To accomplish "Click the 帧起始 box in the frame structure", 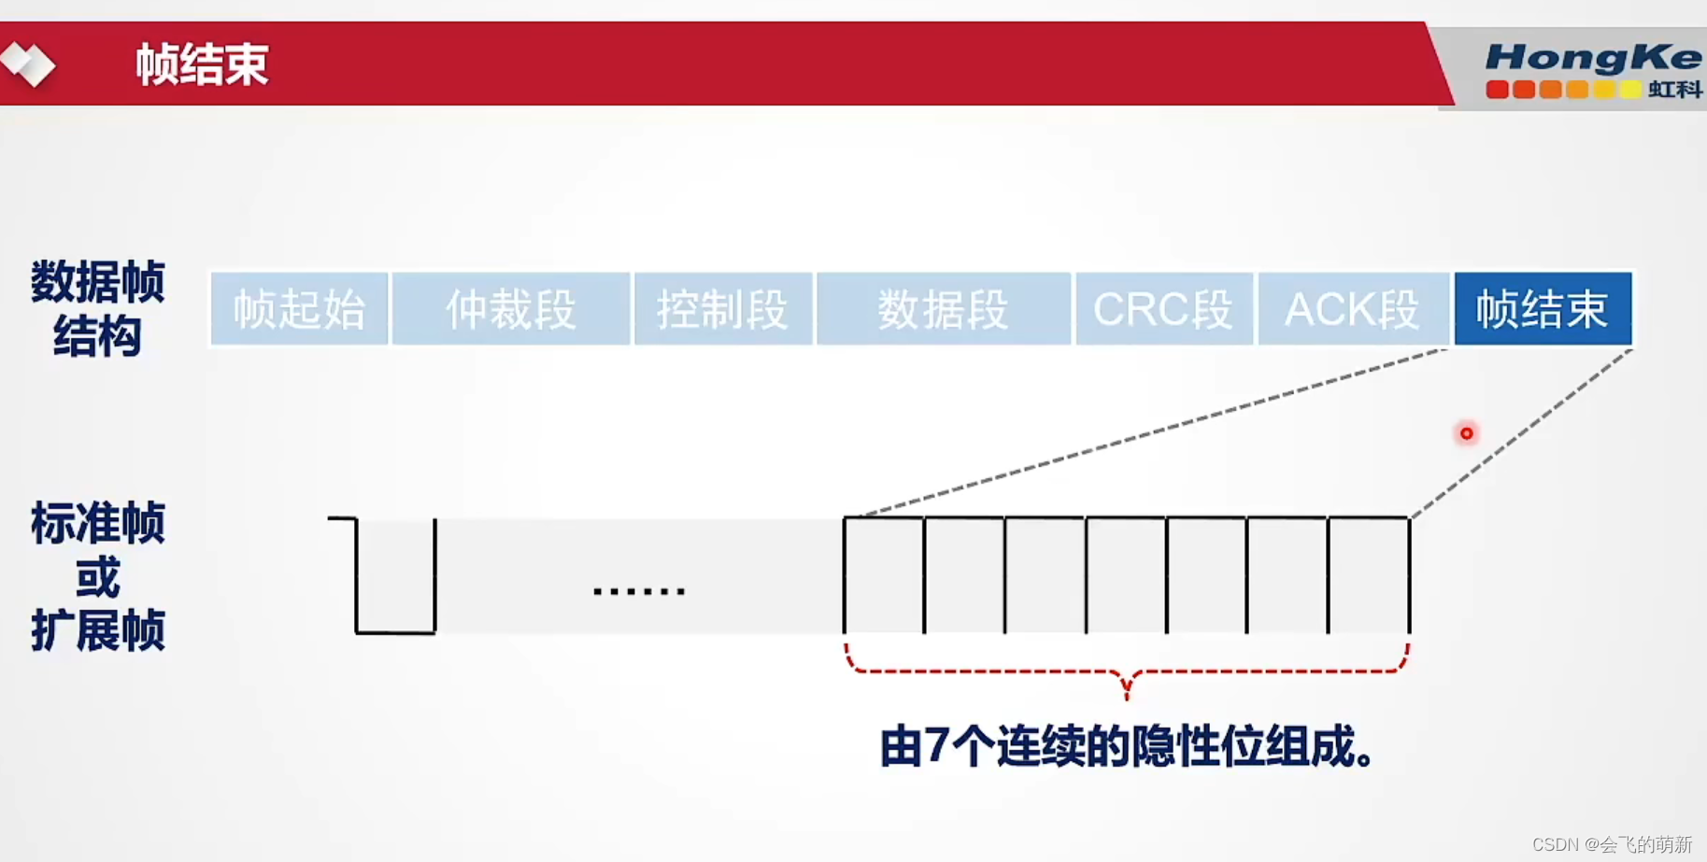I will (299, 309).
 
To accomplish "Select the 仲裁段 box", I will (510, 309).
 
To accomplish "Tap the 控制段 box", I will (722, 309).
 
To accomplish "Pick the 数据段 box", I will (943, 309).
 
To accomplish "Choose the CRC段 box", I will (1163, 309).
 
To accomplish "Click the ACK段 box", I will (1353, 309).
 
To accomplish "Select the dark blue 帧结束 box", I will (1543, 309).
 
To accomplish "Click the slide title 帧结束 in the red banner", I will (202, 64).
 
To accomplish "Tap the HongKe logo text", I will (1592, 58).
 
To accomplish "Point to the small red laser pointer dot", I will (1466, 433).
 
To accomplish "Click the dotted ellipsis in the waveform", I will (639, 591).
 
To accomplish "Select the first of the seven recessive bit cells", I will (884, 575).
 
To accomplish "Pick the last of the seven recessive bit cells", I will (1369, 575).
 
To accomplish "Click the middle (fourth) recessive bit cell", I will (1126, 575).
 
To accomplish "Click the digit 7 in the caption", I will (937, 747).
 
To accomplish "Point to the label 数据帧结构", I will (98, 308).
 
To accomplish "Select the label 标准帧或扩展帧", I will (98, 576).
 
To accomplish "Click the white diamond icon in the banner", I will (28, 64).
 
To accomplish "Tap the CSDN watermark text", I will (1612, 844).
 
